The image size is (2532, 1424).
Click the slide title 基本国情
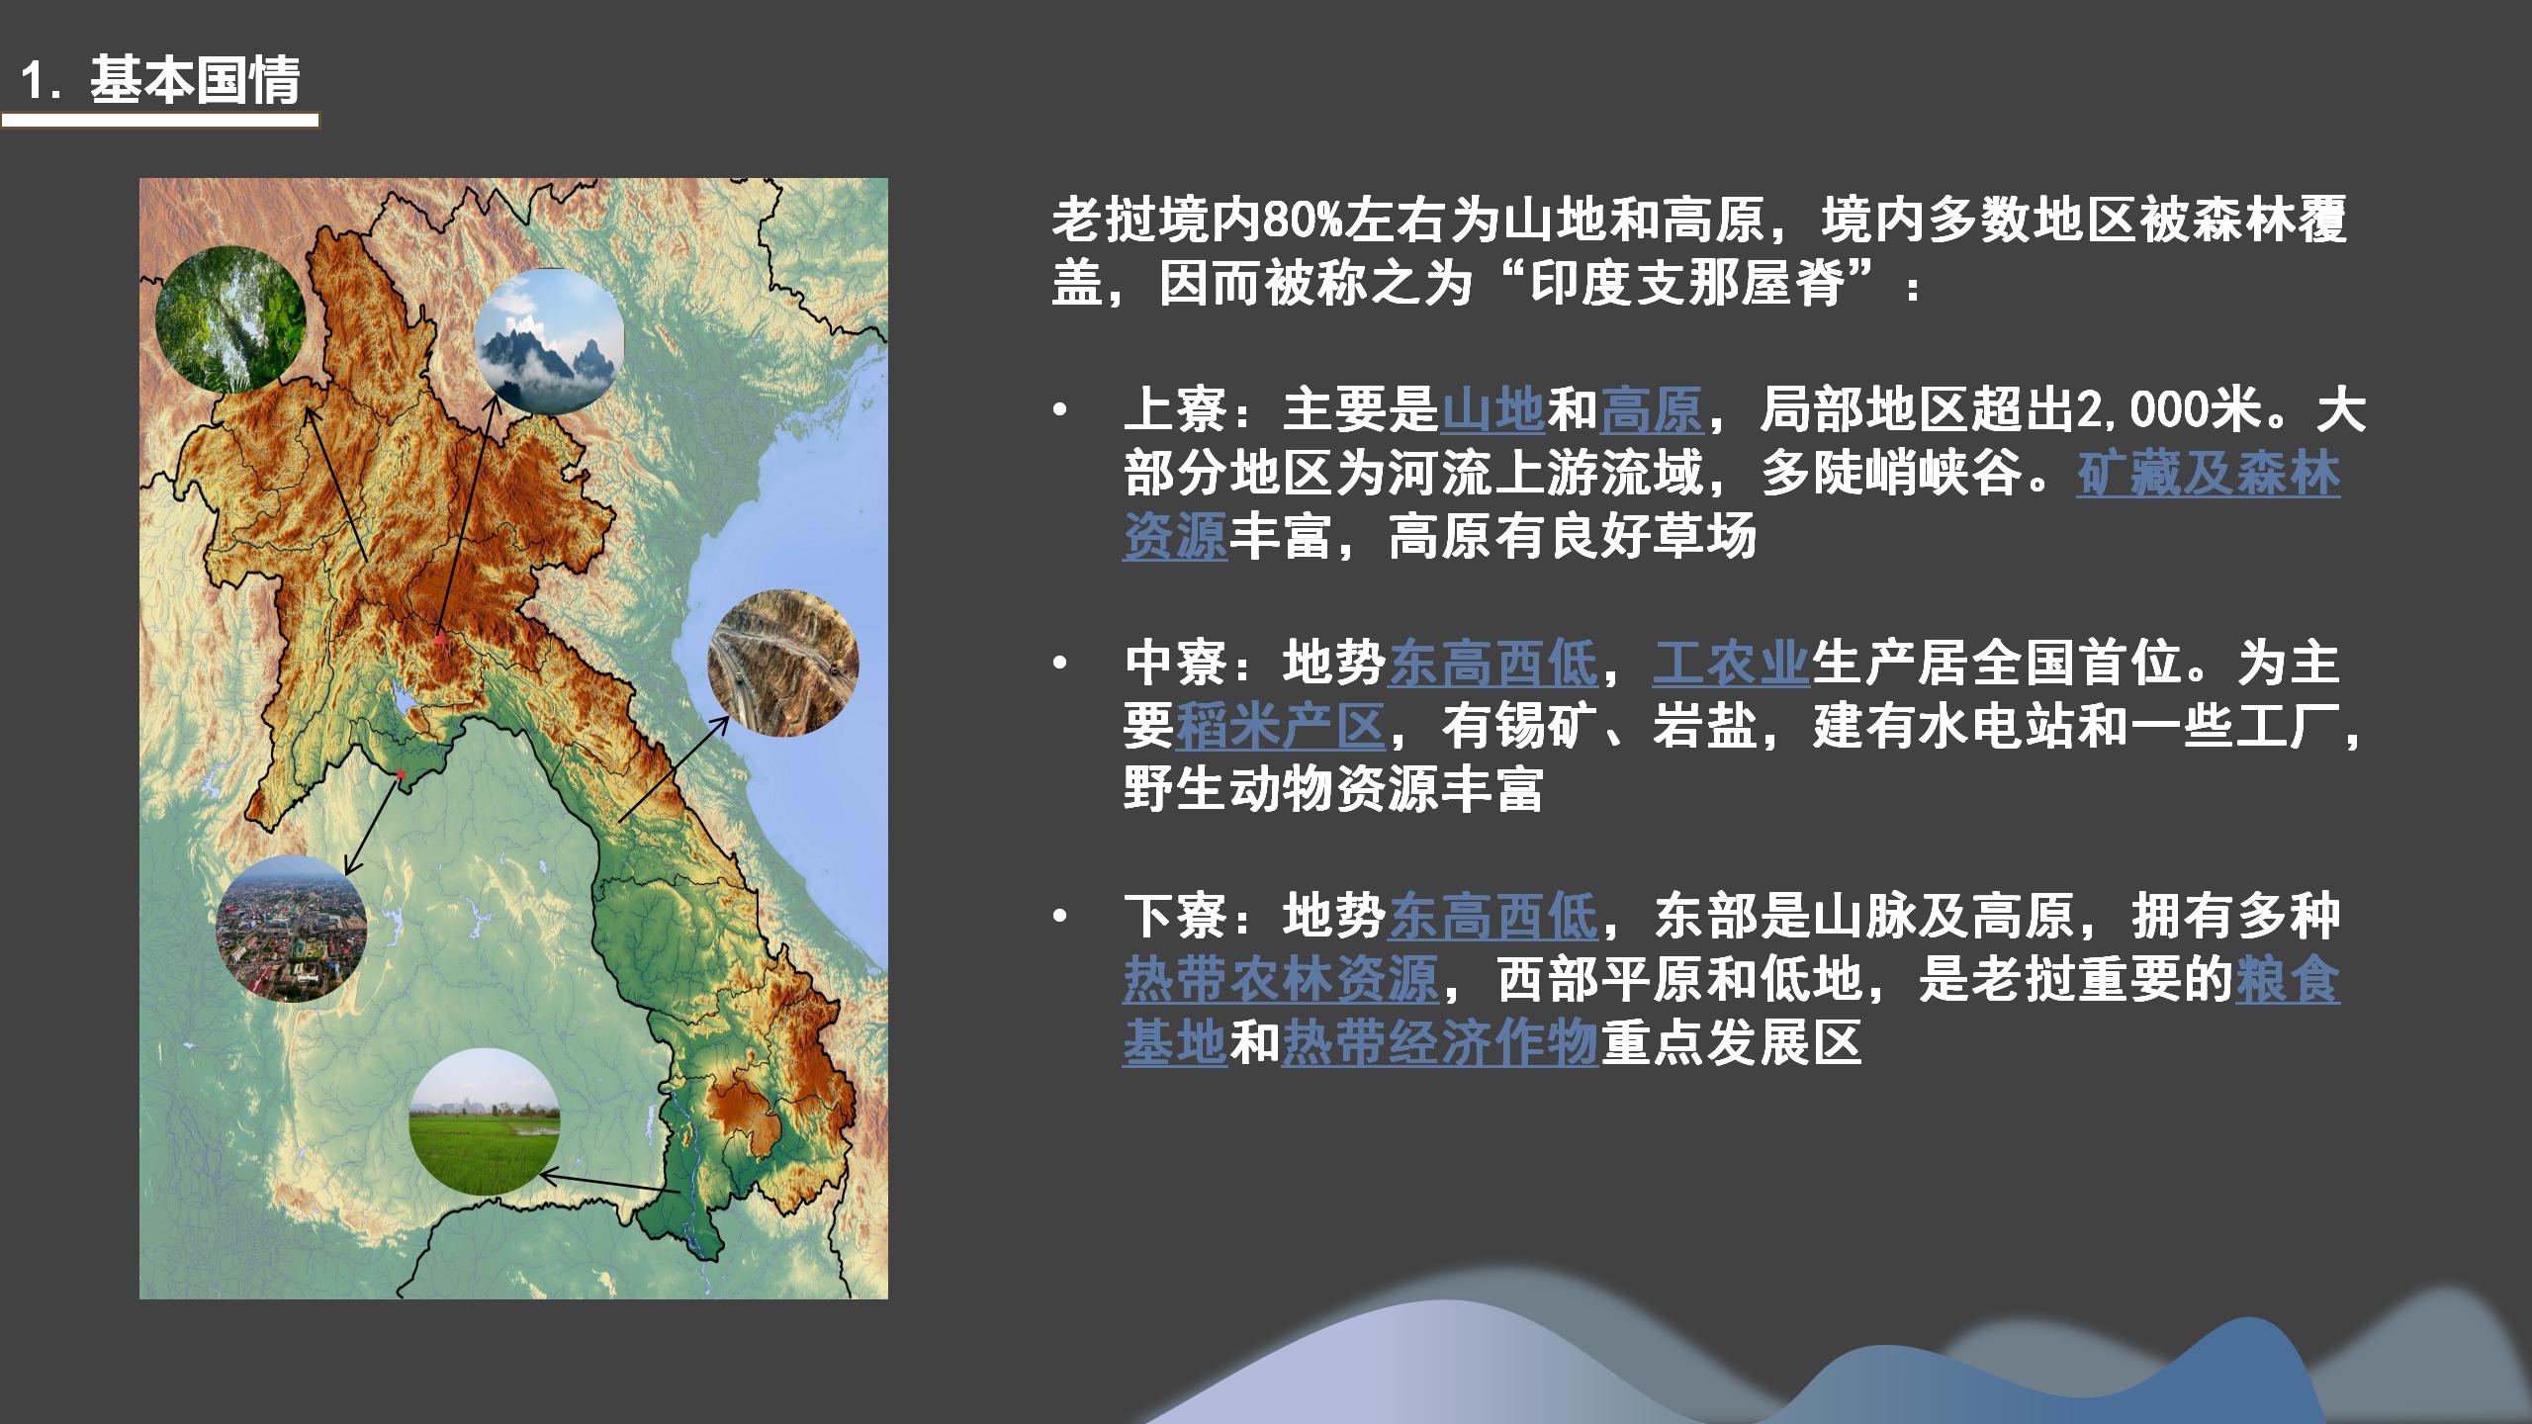[x=195, y=81]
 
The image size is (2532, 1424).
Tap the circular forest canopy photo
[x=231, y=318]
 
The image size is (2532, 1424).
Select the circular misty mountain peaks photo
[x=550, y=341]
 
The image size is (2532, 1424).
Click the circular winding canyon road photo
[x=783, y=663]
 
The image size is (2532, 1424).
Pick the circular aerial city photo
[x=292, y=929]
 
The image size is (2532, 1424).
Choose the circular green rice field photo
[x=485, y=1121]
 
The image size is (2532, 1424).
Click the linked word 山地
[x=1492, y=410]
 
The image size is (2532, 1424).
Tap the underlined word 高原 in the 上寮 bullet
[x=1652, y=410]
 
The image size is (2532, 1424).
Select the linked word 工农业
[x=1731, y=663]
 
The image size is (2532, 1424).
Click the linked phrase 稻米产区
[x=1280, y=726]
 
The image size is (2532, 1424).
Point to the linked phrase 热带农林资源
[x=1281, y=979]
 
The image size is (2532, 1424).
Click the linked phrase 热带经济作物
[x=1440, y=1042]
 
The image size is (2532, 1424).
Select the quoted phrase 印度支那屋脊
[x=1687, y=285]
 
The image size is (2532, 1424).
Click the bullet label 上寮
[x=1175, y=410]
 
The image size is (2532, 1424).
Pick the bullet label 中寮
[x=1175, y=663]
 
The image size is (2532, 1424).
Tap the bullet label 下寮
[x=1175, y=916]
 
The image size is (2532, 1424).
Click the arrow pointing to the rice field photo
[x=608, y=1183]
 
